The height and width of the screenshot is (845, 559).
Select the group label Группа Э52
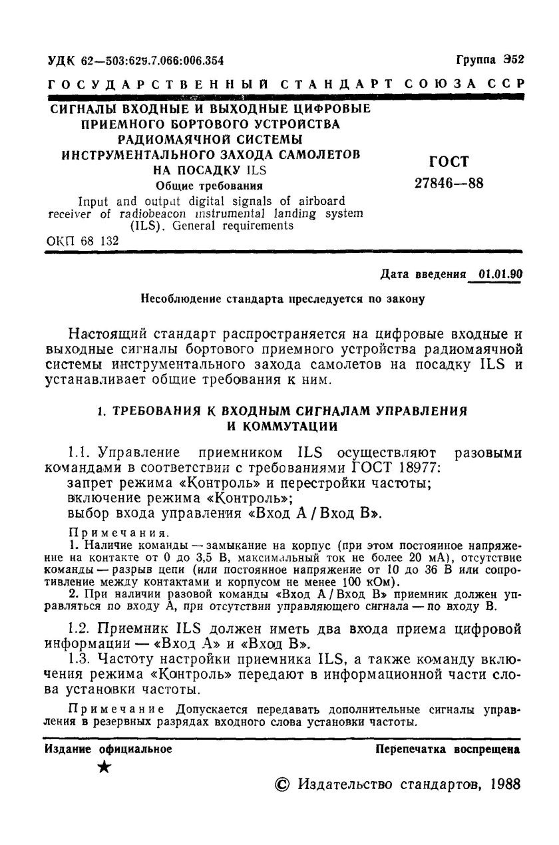pyautogui.click(x=490, y=60)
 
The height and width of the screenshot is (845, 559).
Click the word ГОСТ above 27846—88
pyautogui.click(x=450, y=162)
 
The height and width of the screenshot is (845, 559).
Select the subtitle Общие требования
pyautogui.click(x=208, y=186)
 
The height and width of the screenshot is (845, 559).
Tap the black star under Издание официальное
pyautogui.click(x=104, y=768)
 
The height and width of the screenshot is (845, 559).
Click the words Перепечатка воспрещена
pyautogui.click(x=448, y=749)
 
